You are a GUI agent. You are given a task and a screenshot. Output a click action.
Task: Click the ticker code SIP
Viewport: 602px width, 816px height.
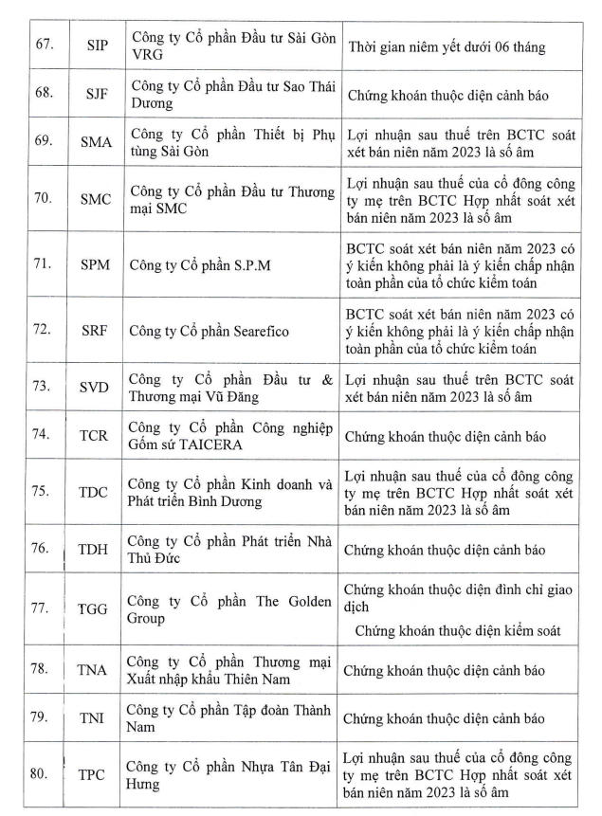tap(97, 45)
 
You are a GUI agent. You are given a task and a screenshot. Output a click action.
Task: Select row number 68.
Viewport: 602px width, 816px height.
tap(40, 96)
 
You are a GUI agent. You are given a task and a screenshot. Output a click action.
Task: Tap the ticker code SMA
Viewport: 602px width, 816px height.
tap(97, 142)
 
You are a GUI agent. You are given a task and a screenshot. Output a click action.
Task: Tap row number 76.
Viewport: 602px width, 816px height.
tap(40, 548)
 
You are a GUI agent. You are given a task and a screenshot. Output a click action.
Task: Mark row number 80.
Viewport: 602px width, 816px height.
tap(40, 773)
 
